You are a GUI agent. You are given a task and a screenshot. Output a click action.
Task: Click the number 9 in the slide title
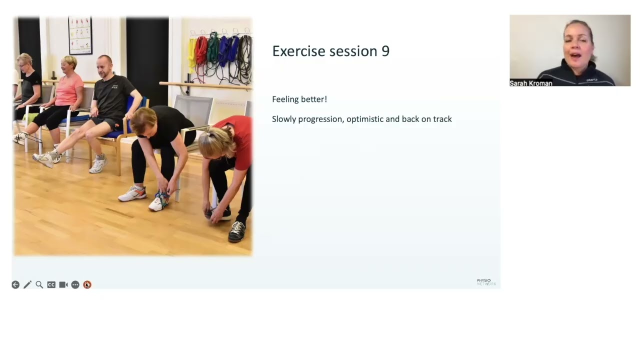pyautogui.click(x=385, y=51)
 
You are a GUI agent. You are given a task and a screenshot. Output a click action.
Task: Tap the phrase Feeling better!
pyautogui.click(x=299, y=99)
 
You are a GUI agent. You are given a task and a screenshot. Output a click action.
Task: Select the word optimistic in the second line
pyautogui.click(x=366, y=119)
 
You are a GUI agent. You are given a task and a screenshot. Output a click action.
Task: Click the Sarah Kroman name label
pyautogui.click(x=530, y=83)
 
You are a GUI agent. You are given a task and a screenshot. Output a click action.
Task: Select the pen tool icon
pyautogui.click(x=27, y=284)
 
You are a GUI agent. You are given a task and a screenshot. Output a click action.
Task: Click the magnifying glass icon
pyautogui.click(x=39, y=284)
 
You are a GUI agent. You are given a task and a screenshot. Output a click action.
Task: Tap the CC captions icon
pyautogui.click(x=51, y=284)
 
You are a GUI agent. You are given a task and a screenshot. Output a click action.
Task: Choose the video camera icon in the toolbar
pyautogui.click(x=63, y=284)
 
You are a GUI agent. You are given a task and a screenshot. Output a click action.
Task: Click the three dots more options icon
pyautogui.click(x=75, y=284)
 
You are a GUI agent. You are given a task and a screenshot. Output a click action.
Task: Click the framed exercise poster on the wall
pyautogui.click(x=80, y=35)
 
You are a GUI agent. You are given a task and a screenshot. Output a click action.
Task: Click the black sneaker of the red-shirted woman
pyautogui.click(x=237, y=231)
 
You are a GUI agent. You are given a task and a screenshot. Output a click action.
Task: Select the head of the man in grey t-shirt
pyautogui.click(x=104, y=65)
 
